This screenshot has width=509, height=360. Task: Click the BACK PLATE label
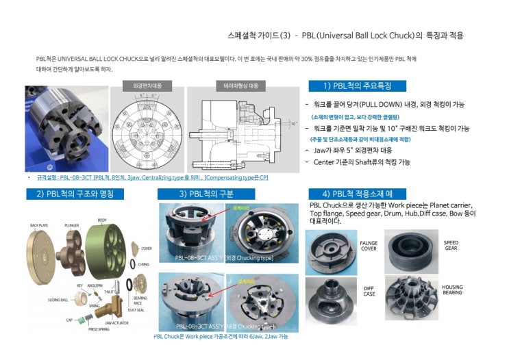[39, 224]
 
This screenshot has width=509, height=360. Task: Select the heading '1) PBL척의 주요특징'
[356, 86]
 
